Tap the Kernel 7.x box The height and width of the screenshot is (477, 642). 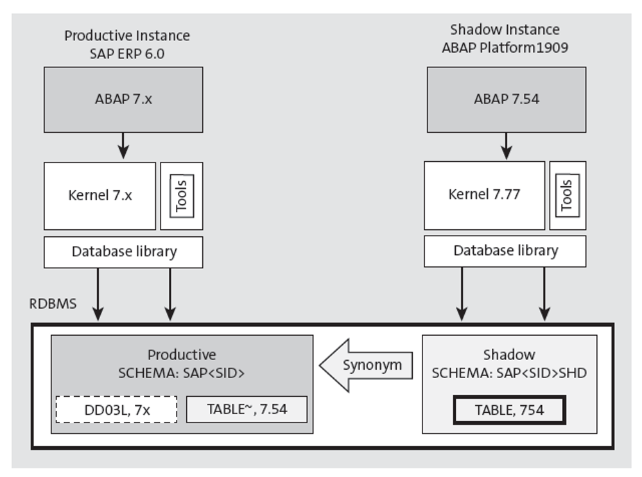[x=100, y=196]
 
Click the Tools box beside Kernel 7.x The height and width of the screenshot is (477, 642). [x=182, y=196]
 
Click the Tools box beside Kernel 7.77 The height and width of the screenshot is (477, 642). [x=566, y=195]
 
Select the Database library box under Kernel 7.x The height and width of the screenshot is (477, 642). [x=123, y=252]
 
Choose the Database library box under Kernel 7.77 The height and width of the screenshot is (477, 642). [x=505, y=250]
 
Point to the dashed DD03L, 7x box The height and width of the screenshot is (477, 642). [x=117, y=409]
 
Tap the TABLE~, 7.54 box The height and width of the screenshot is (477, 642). [x=247, y=409]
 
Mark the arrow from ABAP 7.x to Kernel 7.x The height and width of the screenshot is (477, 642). [x=123, y=146]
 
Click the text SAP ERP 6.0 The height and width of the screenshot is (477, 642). [x=127, y=54]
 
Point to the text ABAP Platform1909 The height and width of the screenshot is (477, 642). [x=505, y=48]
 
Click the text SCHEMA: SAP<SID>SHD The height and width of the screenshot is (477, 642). [x=509, y=373]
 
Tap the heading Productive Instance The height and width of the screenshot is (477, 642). [x=127, y=35]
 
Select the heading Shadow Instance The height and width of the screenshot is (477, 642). [x=505, y=30]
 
